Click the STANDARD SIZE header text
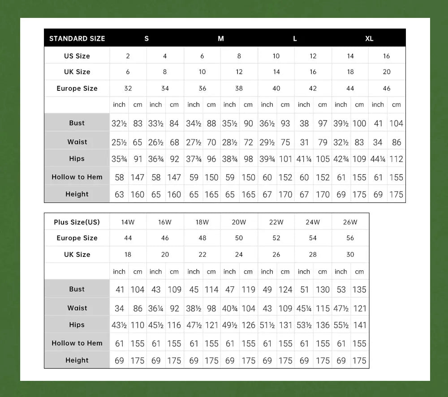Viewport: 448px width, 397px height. [77, 38]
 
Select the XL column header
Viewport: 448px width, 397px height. [369, 38]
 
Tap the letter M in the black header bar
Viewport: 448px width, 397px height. [221, 38]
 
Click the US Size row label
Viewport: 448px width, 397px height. [77, 56]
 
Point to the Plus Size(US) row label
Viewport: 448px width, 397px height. [77, 222]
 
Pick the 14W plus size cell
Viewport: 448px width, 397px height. [128, 222]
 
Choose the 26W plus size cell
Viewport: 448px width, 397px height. [350, 222]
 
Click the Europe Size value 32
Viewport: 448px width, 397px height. [128, 88]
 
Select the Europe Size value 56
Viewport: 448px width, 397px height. [350, 238]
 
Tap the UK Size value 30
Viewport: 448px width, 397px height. [350, 255]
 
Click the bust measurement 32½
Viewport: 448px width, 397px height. [119, 124]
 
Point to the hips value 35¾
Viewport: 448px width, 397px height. [119, 159]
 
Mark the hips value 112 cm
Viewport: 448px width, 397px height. [396, 159]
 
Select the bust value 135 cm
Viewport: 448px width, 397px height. [359, 290]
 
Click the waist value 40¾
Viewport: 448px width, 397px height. [230, 308]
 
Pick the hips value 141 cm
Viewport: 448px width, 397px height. [359, 325]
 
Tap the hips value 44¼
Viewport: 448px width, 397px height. [378, 159]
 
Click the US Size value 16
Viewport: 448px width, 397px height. [387, 56]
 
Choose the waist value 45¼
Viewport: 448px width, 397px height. [304, 308]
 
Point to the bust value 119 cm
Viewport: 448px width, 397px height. [248, 290]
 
